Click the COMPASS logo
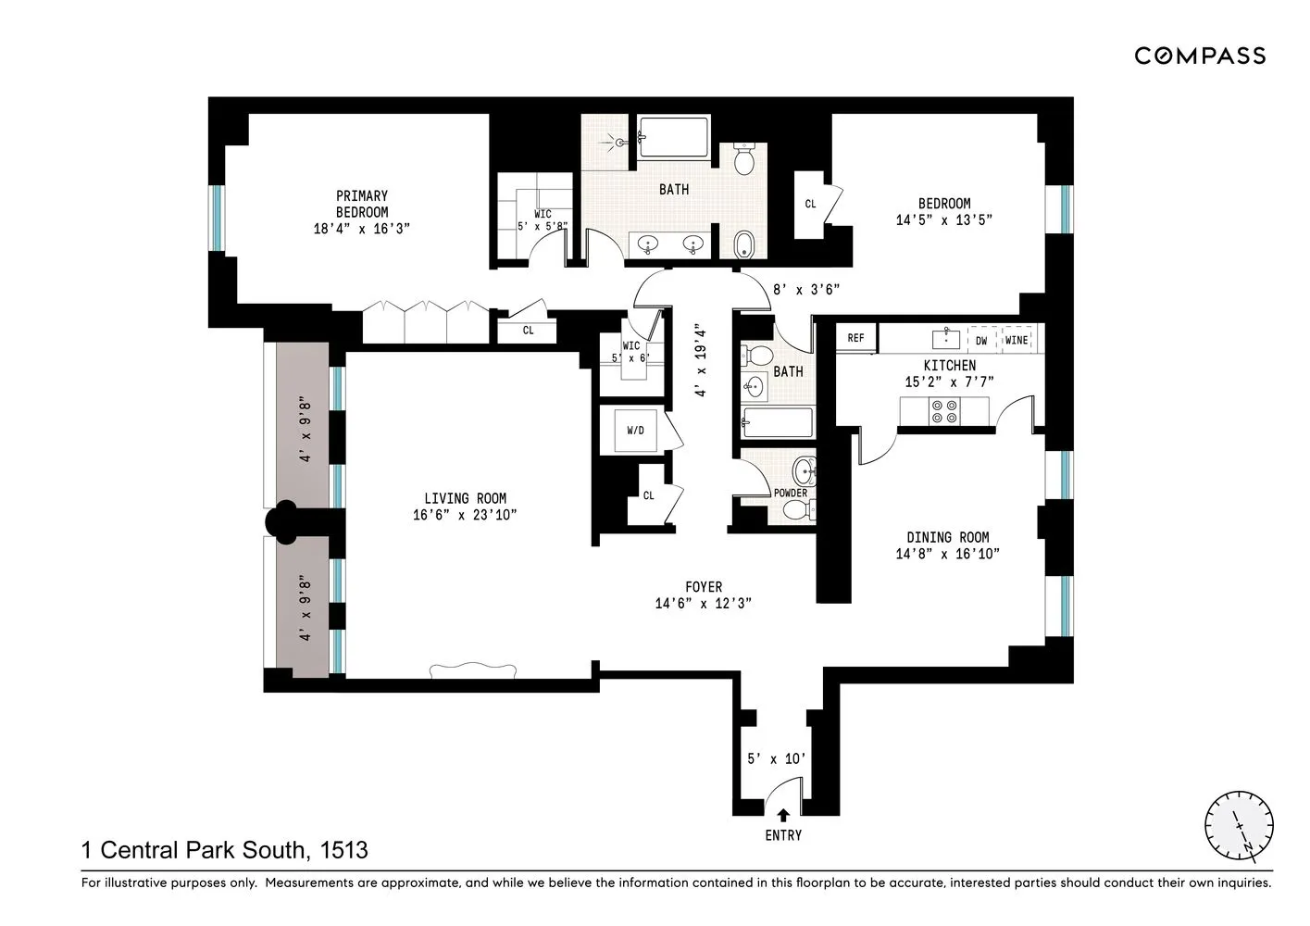tap(1200, 56)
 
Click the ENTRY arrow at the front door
tap(783, 815)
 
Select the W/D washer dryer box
tap(635, 431)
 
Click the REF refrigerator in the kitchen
tap(856, 339)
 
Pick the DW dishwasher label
tap(981, 340)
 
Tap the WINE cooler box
tap(1017, 340)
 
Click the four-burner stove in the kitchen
tap(944, 411)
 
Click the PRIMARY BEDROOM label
tap(362, 204)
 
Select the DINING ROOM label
tap(947, 537)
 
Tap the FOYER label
tap(703, 587)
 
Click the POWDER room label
tap(791, 493)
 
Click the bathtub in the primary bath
tap(673, 138)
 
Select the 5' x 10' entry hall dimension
tap(776, 759)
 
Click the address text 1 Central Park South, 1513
tap(225, 850)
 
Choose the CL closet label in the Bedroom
tap(810, 204)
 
